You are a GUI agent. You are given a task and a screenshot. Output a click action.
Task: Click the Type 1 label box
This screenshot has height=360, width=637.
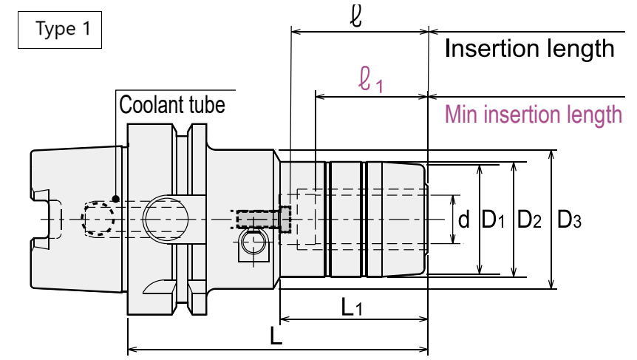click(x=60, y=30)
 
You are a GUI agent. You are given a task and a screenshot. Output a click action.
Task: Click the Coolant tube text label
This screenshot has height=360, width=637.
click(x=172, y=105)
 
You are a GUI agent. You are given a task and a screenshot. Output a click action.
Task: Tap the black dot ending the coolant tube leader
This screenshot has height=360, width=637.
click(x=116, y=199)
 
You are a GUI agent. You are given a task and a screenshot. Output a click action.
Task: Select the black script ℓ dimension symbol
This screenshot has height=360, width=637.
click(x=356, y=16)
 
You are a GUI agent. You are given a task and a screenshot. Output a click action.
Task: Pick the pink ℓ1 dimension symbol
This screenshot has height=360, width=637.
click(x=370, y=80)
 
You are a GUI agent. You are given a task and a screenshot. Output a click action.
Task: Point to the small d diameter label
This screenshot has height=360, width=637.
click(x=463, y=220)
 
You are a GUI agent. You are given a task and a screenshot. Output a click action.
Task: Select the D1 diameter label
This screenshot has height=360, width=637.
click(x=493, y=220)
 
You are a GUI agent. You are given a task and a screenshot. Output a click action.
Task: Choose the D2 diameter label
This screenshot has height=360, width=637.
click(x=529, y=220)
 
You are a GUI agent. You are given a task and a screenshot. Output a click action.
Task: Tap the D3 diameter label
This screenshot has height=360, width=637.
click(x=569, y=220)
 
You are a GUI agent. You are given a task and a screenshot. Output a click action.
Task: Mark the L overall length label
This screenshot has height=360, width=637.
click(x=276, y=336)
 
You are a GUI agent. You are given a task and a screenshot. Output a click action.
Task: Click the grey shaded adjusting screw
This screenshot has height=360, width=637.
click(x=264, y=220)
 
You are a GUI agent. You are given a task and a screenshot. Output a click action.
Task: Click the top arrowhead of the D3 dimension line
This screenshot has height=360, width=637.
click(x=551, y=154)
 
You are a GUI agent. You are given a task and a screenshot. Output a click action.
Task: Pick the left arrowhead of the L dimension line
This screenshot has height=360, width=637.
click(x=133, y=350)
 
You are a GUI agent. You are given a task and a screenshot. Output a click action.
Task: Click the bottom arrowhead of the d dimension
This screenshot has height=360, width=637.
click(x=454, y=240)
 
